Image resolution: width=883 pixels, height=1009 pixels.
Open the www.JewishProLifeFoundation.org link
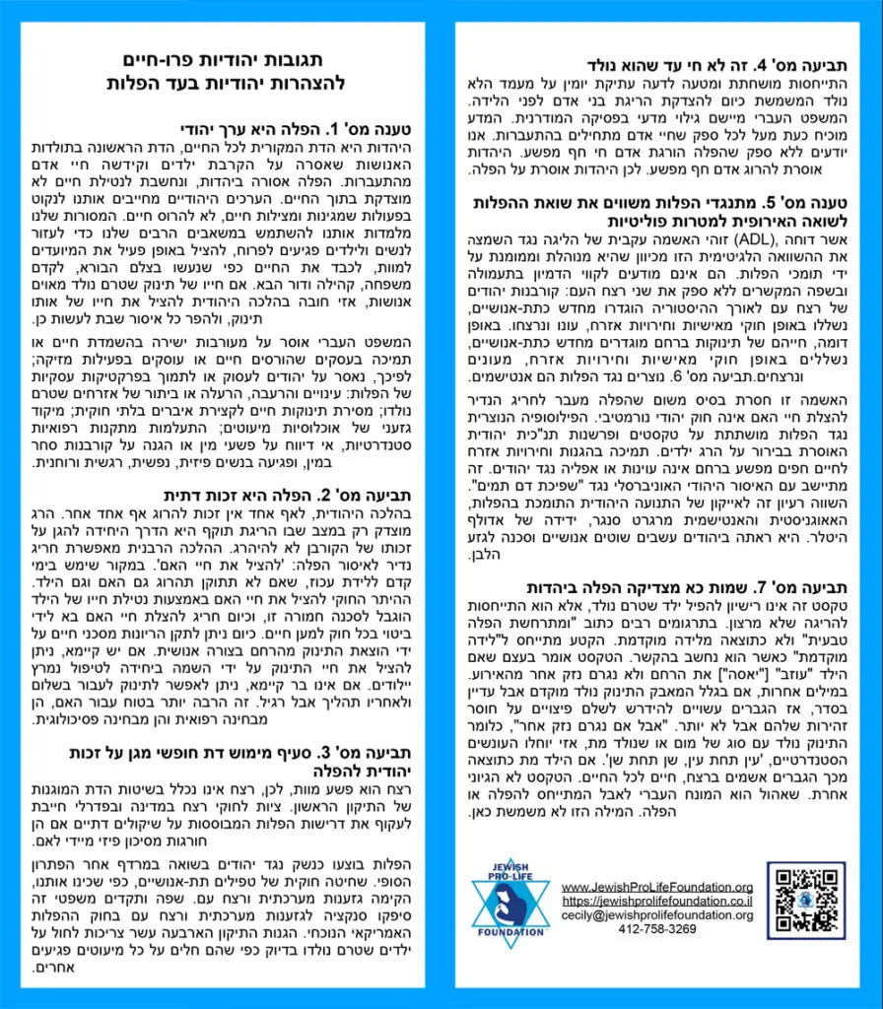point(657,887)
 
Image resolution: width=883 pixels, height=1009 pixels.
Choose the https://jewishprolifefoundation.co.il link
point(657,901)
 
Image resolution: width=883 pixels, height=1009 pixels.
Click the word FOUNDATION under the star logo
point(509,930)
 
